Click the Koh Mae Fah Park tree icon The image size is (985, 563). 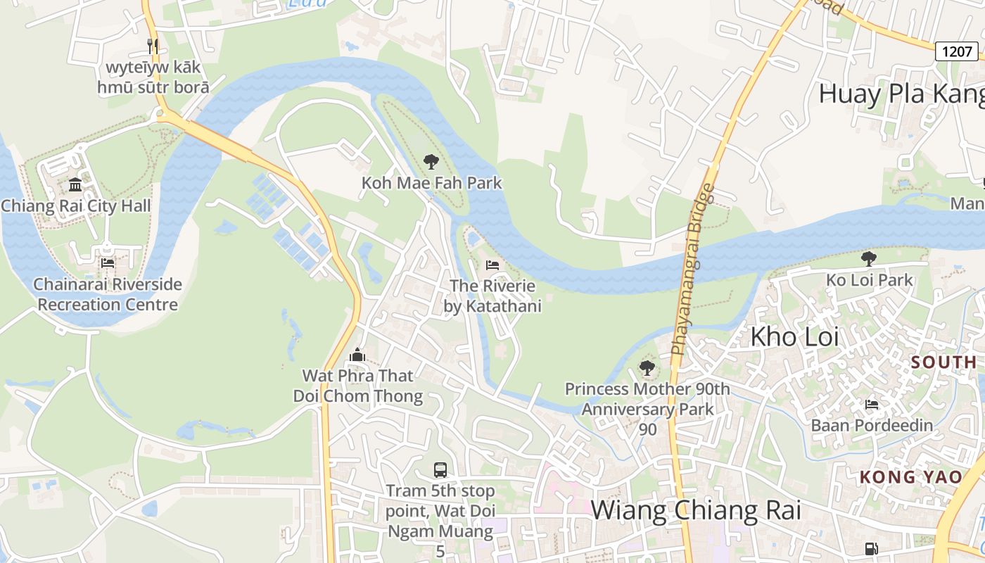(431, 163)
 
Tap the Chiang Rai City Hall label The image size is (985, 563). (76, 206)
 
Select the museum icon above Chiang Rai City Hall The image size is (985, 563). (75, 185)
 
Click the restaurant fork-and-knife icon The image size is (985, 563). (153, 46)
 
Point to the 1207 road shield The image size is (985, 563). (957, 51)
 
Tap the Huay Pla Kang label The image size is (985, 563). (901, 94)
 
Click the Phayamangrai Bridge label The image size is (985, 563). (692, 269)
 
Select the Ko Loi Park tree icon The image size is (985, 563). (869, 258)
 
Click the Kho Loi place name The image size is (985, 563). (794, 337)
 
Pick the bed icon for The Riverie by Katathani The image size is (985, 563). (493, 265)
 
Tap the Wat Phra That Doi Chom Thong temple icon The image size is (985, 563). (357, 355)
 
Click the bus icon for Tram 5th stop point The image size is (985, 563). (440, 469)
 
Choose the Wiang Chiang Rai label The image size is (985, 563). (696, 510)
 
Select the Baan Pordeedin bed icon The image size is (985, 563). (872, 405)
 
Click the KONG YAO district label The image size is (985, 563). (910, 477)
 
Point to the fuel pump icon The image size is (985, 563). (871, 548)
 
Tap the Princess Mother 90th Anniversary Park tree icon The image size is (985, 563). (647, 368)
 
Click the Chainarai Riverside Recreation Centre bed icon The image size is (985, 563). (107, 263)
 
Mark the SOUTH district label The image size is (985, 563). (943, 362)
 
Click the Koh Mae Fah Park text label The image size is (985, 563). (431, 183)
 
